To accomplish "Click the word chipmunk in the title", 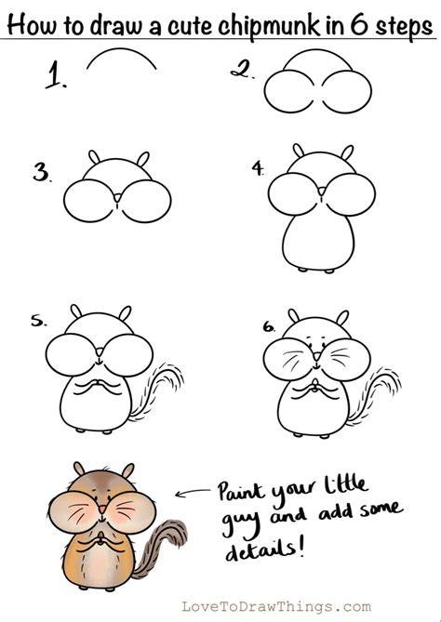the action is [x=268, y=25].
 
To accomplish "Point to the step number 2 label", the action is [x=242, y=71].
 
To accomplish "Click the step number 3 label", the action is [x=41, y=173].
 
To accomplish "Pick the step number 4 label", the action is [x=259, y=168].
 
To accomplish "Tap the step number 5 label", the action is [x=38, y=321].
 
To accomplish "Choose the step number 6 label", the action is [x=269, y=326].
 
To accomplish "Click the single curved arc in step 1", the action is [x=121, y=49].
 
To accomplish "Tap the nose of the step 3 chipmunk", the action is [x=117, y=197].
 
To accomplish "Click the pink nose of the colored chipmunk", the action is [x=102, y=509].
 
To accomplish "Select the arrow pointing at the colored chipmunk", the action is [x=193, y=492].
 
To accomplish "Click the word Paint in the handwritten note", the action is [x=241, y=492].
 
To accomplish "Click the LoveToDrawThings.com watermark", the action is [x=276, y=606].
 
